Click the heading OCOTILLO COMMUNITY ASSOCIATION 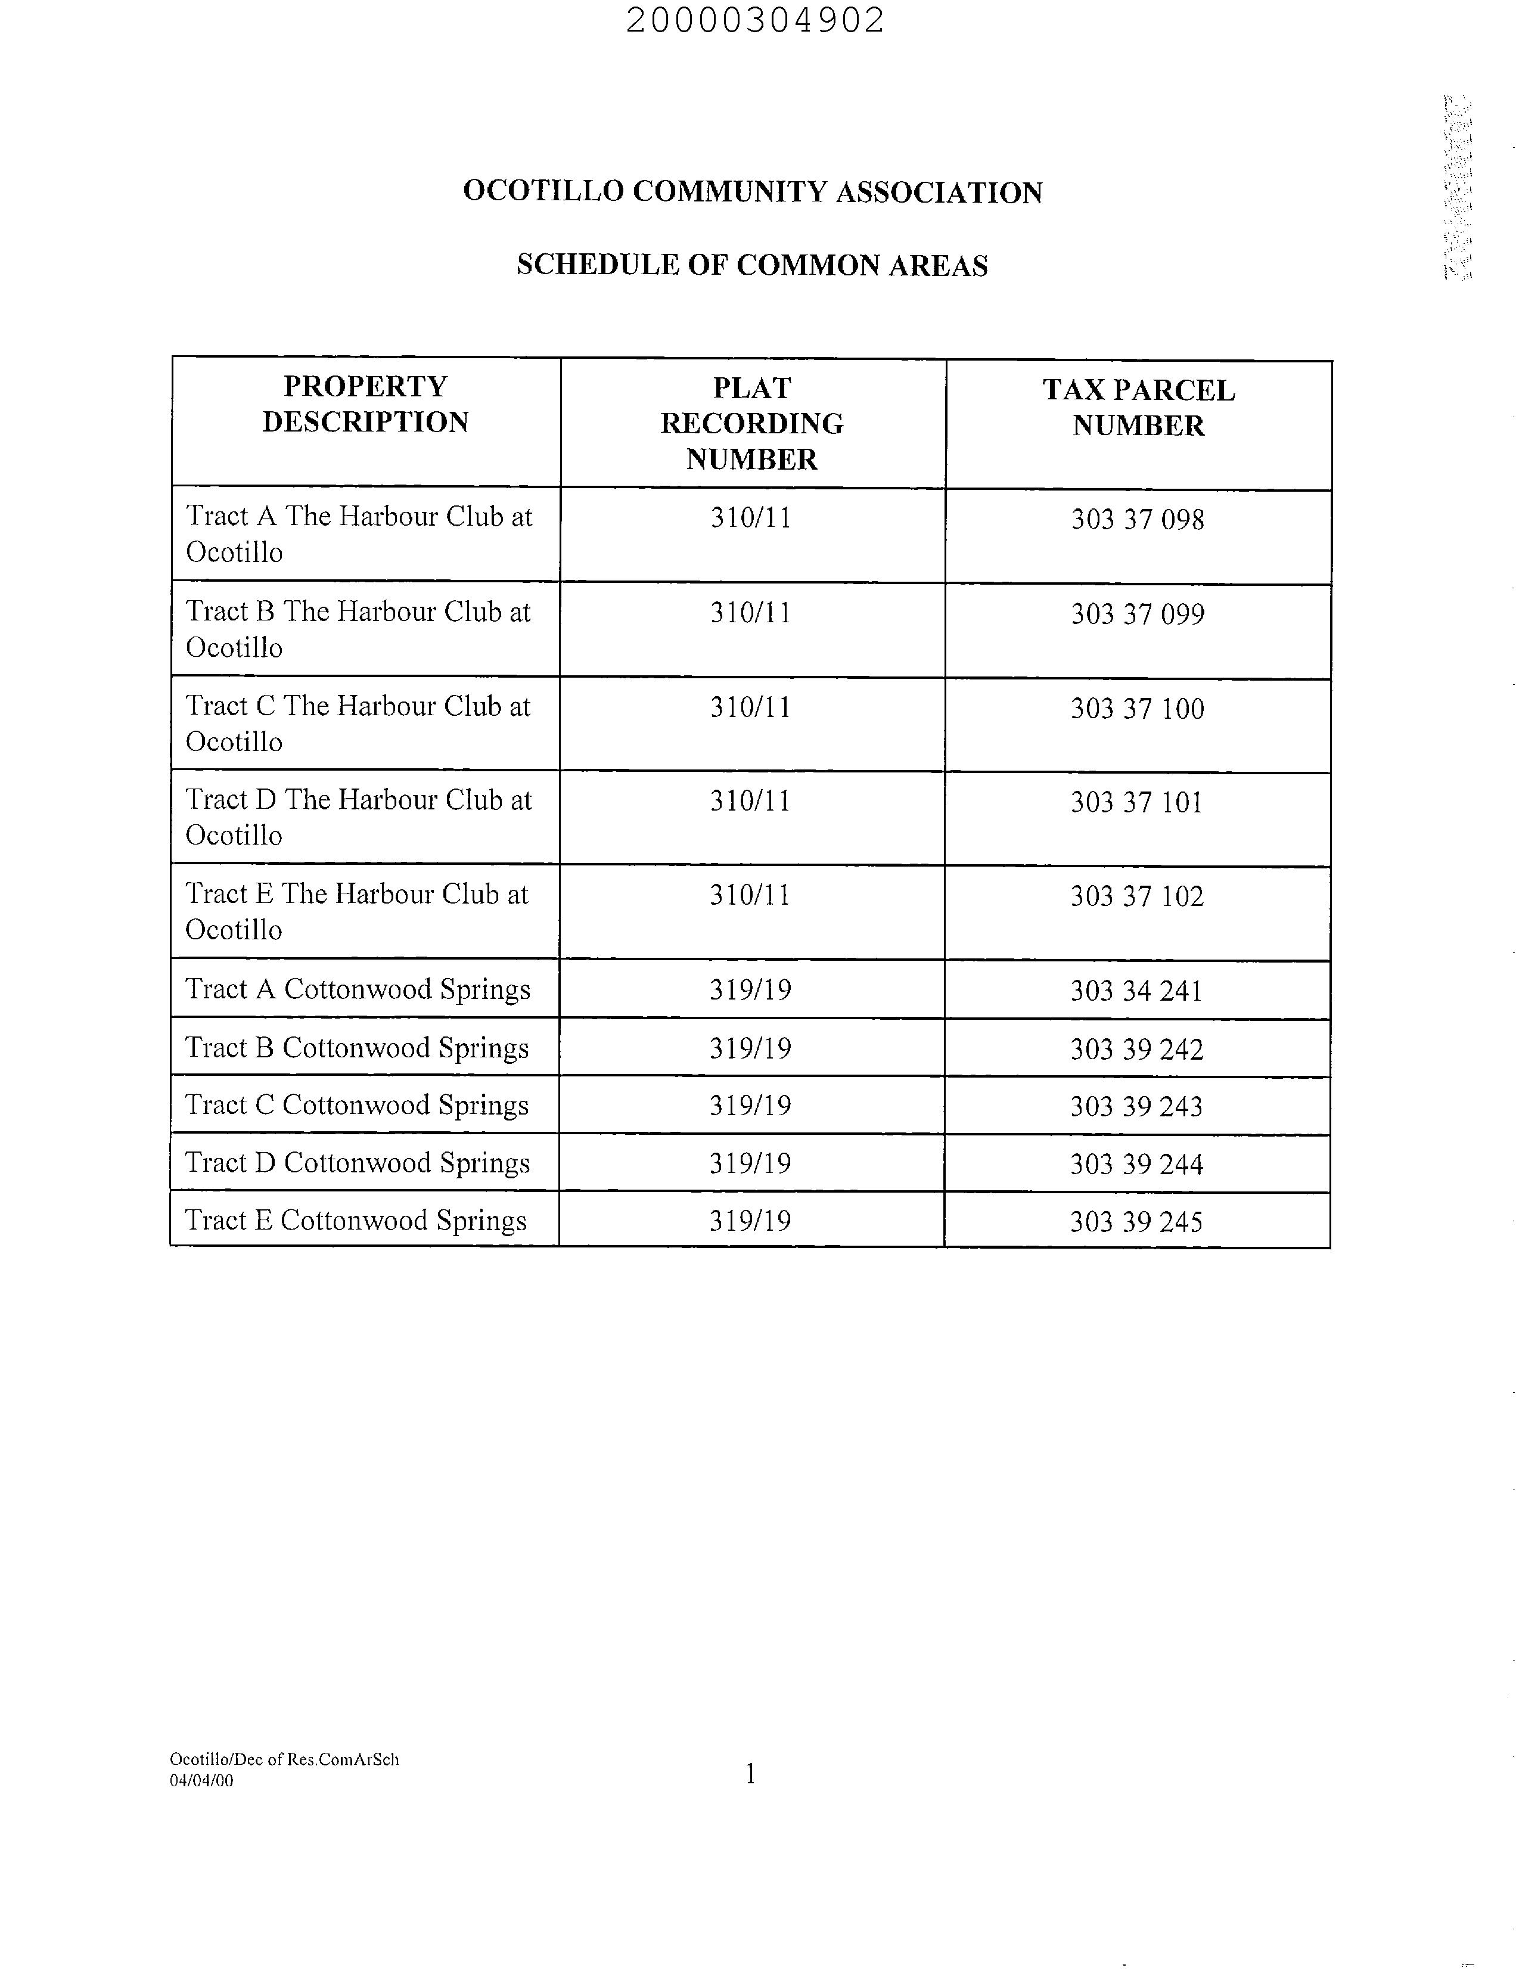(753, 193)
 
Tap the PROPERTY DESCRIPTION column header (365, 404)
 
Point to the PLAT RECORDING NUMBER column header (751, 423)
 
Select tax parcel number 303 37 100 (1137, 709)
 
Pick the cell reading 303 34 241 (1136, 991)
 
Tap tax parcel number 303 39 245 (1136, 1222)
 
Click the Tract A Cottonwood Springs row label (358, 989)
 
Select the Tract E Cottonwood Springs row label (356, 1220)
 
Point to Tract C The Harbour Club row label (358, 724)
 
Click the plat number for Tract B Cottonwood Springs (750, 1049)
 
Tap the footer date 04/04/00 (201, 1781)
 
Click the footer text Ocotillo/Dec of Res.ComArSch (284, 1759)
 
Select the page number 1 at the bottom (750, 1774)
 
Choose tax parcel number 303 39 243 (1136, 1107)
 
